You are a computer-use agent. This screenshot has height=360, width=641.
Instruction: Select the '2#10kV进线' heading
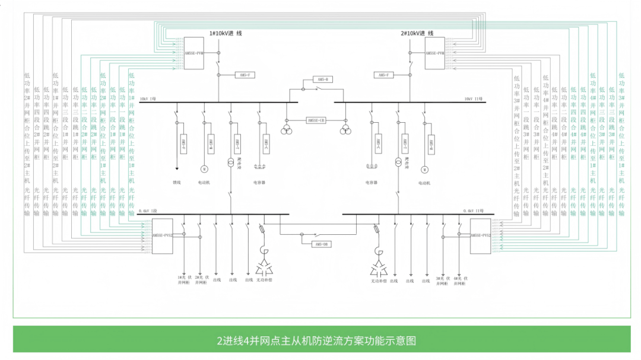[x=417, y=33]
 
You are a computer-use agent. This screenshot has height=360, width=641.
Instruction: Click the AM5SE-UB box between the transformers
[x=316, y=120]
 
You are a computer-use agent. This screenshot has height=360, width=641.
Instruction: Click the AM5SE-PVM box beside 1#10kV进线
[x=194, y=53]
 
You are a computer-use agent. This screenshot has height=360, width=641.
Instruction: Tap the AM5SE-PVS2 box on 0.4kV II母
[x=481, y=235]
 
